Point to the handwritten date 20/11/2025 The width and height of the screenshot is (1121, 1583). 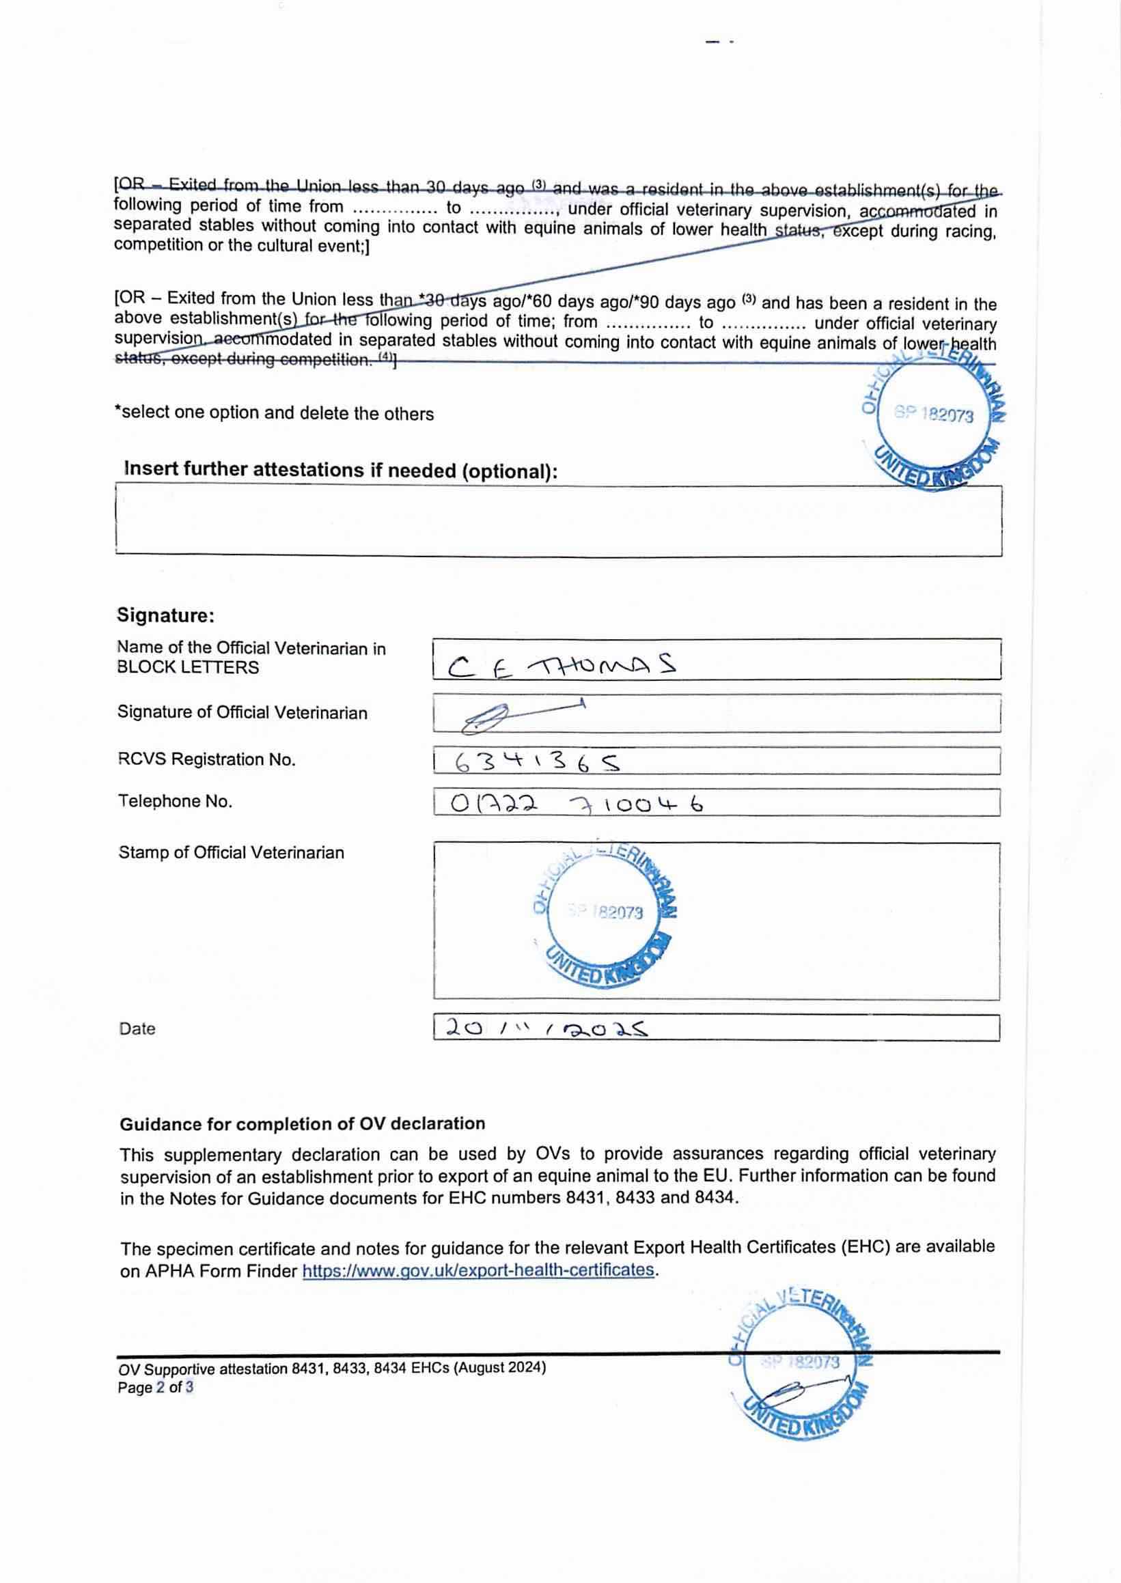tap(546, 1028)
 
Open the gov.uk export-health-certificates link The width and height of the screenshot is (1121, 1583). tap(478, 1270)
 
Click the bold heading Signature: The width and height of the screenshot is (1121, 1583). tap(166, 615)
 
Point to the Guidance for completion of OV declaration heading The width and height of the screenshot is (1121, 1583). tap(303, 1123)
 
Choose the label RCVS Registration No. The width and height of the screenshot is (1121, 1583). tap(206, 760)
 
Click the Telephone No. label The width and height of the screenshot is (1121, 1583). tap(175, 801)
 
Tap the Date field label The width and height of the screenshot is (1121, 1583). tap(137, 1029)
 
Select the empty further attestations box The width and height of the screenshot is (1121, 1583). tap(558, 521)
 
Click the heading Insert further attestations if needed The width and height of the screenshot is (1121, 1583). tap(340, 470)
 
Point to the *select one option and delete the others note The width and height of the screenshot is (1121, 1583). tap(274, 413)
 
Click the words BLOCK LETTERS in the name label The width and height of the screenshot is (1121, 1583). tap(188, 667)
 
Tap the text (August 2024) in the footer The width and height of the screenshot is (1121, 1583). tap(499, 1368)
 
